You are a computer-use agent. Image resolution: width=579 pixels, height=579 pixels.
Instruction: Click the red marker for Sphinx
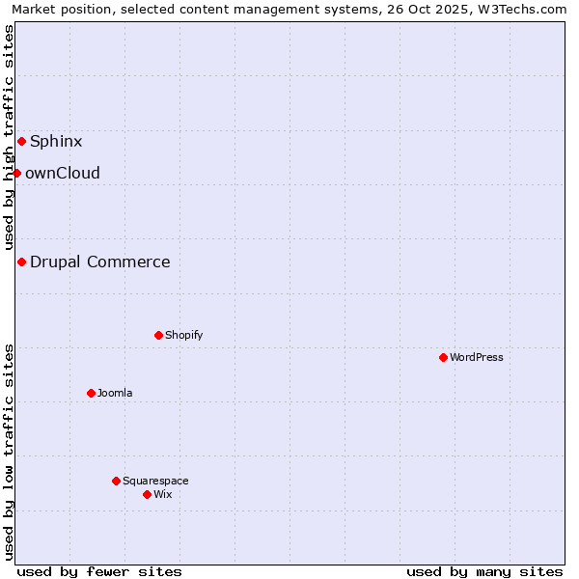pyautogui.click(x=21, y=142)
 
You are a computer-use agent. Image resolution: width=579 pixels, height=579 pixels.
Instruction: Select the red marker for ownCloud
pyautogui.click(x=16, y=174)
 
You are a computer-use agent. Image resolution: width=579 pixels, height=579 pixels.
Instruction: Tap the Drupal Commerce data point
pyautogui.click(x=21, y=262)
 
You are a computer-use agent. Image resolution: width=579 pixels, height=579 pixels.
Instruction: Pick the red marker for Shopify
pyautogui.click(x=158, y=336)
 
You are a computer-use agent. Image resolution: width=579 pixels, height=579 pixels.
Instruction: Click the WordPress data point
pyautogui.click(x=443, y=358)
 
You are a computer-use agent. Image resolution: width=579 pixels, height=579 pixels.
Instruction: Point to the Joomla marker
pyautogui.click(x=91, y=394)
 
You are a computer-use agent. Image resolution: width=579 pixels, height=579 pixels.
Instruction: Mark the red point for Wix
pyautogui.click(x=147, y=495)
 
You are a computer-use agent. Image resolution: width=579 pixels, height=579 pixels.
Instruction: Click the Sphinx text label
pyautogui.click(x=56, y=142)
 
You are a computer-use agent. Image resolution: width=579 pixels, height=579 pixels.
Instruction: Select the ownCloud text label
pyautogui.click(x=63, y=174)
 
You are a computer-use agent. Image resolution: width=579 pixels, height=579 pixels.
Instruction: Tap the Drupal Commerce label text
pyautogui.click(x=100, y=262)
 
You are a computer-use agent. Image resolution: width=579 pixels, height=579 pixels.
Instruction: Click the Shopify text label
pyautogui.click(x=183, y=336)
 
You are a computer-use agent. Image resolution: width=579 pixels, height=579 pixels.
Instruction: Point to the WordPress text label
pyautogui.click(x=477, y=358)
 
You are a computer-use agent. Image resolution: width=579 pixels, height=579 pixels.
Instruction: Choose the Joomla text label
pyautogui.click(x=115, y=394)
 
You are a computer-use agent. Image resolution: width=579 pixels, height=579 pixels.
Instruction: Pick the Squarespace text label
pyautogui.click(x=155, y=482)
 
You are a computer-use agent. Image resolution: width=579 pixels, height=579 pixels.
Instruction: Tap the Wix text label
pyautogui.click(x=163, y=495)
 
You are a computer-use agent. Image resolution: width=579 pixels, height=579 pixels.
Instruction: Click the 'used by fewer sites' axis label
pyautogui.click(x=99, y=571)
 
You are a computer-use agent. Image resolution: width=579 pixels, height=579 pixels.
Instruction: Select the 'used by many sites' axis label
pyautogui.click(x=484, y=571)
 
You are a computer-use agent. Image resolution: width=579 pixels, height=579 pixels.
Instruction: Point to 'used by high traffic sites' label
pyautogui.click(x=10, y=138)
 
